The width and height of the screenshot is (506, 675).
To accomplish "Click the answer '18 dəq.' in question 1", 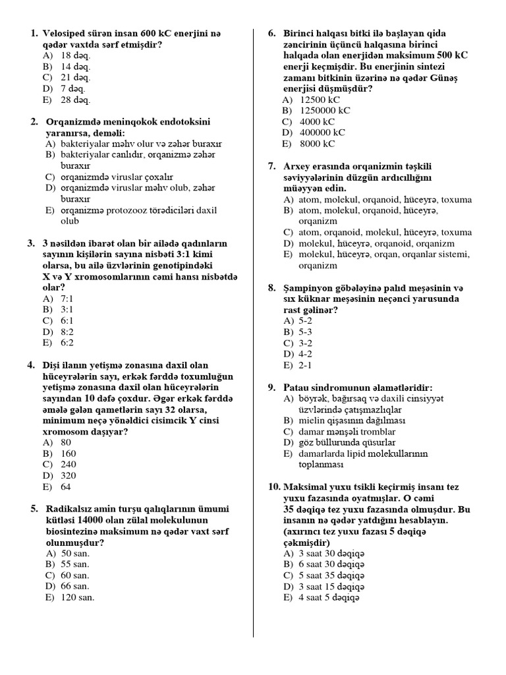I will [75, 55].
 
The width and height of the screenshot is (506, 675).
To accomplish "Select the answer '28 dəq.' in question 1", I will [75, 100].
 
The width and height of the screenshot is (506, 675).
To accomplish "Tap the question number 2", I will [34, 122].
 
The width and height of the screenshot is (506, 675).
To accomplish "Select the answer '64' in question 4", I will [66, 486].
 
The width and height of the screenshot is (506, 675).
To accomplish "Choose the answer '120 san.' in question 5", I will [78, 597].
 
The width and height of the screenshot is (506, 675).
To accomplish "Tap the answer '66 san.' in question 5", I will [75, 586].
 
